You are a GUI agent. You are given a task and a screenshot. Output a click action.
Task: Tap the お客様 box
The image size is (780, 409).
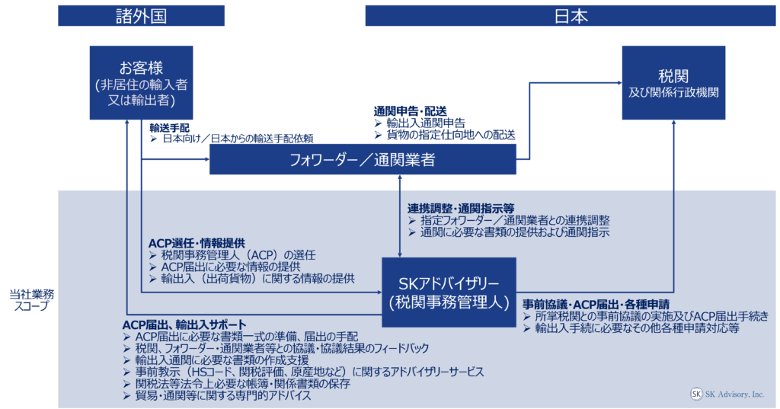(x=141, y=82)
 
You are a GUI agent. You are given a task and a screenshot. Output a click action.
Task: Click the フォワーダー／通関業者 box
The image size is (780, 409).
(x=362, y=160)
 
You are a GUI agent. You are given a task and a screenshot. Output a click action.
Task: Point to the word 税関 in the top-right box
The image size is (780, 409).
(x=673, y=76)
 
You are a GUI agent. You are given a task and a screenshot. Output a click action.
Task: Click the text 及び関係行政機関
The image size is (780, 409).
(x=673, y=93)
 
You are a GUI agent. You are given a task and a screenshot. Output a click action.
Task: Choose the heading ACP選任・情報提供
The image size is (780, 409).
(x=197, y=243)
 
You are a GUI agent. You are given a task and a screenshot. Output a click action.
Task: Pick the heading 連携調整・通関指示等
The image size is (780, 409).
(x=461, y=208)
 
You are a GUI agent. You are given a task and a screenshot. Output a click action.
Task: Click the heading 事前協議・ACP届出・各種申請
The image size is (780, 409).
(x=596, y=303)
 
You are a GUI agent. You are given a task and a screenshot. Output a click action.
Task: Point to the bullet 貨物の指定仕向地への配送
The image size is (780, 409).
(x=449, y=135)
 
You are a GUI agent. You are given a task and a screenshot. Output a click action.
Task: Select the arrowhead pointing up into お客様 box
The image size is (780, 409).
(x=127, y=125)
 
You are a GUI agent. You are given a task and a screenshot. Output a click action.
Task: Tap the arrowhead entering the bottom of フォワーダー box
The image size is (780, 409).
(x=399, y=180)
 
